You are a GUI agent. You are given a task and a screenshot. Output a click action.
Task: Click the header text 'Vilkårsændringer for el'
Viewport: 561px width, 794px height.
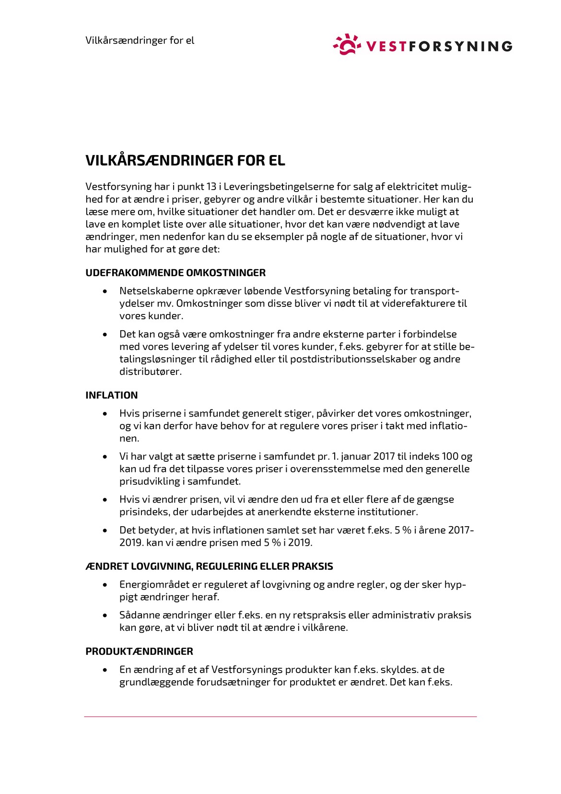[x=140, y=40]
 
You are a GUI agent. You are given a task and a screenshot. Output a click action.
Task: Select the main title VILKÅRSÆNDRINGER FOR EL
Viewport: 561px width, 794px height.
[x=185, y=160]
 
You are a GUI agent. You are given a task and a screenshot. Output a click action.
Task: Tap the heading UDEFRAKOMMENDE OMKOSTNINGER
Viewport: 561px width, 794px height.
[x=175, y=273]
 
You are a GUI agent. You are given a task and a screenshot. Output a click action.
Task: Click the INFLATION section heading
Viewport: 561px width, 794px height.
[x=111, y=395]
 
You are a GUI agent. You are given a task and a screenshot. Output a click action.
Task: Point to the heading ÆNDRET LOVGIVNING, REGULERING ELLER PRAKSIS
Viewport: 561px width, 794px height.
[x=209, y=566]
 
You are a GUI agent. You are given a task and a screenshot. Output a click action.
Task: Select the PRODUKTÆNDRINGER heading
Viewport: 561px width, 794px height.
[x=139, y=651]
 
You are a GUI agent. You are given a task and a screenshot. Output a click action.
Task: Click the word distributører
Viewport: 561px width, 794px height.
[x=150, y=372]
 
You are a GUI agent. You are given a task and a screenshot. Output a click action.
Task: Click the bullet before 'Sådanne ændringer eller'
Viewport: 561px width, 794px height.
[x=105, y=615]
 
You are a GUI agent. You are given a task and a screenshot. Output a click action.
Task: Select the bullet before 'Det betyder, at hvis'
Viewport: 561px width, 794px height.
[x=105, y=530]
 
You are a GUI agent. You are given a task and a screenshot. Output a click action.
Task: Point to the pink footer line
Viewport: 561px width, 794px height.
[x=280, y=717]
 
